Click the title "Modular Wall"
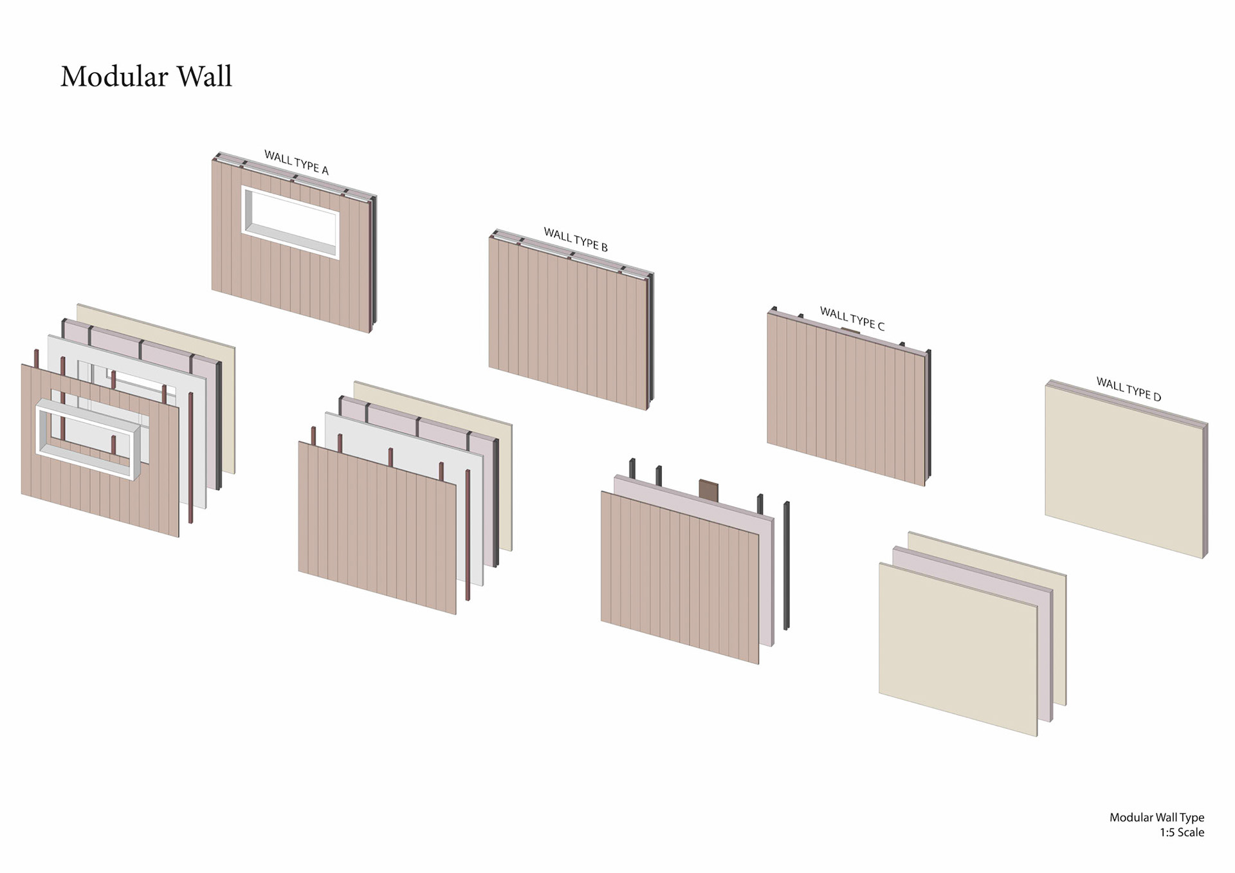click(x=146, y=77)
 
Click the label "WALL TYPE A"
click(x=297, y=162)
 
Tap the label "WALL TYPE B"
click(x=576, y=239)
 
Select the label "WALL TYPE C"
click(x=852, y=318)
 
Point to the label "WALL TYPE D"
click(x=1128, y=389)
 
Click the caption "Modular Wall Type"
click(x=1157, y=817)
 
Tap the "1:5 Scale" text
click(x=1182, y=832)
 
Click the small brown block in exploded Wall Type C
click(x=708, y=489)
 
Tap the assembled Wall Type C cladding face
click(x=845, y=399)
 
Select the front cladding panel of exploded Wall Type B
click(x=376, y=528)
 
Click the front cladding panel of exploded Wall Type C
click(x=679, y=576)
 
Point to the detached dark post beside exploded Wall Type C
click(x=786, y=566)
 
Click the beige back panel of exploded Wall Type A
click(x=228, y=412)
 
